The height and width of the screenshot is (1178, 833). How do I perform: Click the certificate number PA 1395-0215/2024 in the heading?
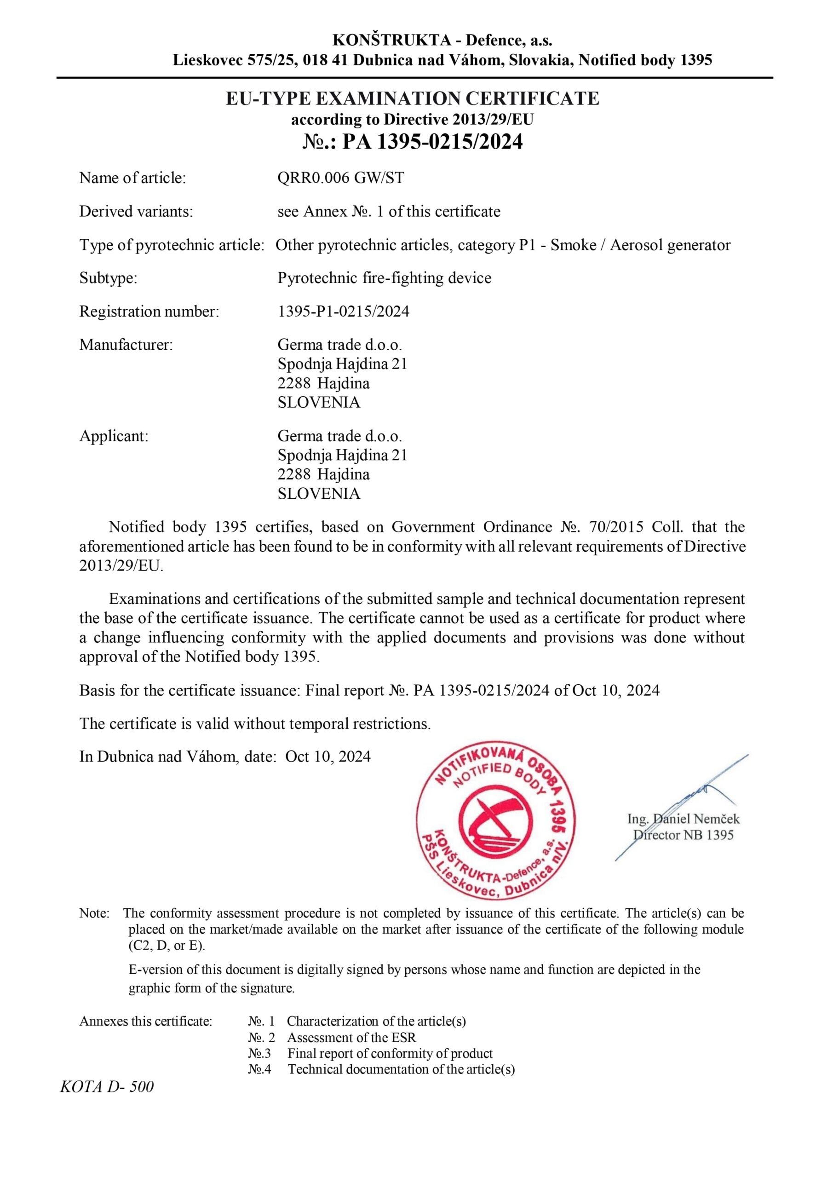[x=432, y=142]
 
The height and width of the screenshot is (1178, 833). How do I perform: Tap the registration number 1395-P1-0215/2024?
[x=343, y=312]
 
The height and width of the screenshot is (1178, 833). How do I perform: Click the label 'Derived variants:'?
[x=136, y=211]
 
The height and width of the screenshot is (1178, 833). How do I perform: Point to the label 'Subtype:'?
[x=108, y=278]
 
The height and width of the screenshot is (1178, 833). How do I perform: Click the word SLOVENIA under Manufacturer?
[x=319, y=402]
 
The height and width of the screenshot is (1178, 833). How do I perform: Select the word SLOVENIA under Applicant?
[x=319, y=494]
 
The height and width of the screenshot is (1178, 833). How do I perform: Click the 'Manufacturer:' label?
[x=126, y=345]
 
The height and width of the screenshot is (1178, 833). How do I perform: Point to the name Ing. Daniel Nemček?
[x=683, y=819]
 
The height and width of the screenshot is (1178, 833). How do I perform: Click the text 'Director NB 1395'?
[x=683, y=835]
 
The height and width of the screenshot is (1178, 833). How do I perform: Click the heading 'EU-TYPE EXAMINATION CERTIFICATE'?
[x=413, y=98]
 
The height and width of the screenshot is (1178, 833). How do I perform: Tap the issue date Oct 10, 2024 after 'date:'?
[x=328, y=757]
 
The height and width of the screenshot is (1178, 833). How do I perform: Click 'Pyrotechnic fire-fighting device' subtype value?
[x=384, y=278]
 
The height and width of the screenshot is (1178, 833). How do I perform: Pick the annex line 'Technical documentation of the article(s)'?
[x=401, y=1069]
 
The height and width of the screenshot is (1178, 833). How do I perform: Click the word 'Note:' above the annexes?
[x=94, y=913]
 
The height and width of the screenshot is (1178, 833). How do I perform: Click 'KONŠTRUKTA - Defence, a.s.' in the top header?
[x=442, y=40]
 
